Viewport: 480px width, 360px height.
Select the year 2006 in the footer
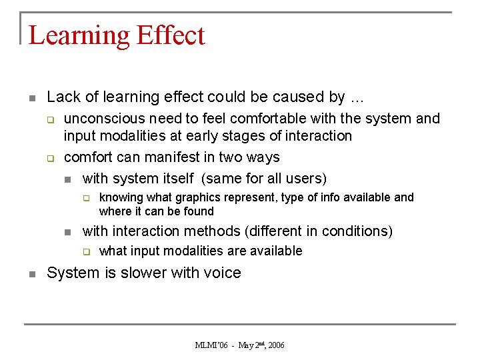click(x=275, y=345)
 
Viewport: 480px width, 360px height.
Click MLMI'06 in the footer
click(x=212, y=345)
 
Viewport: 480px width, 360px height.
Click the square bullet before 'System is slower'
click(x=32, y=273)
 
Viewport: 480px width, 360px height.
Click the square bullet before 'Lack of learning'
click(x=32, y=97)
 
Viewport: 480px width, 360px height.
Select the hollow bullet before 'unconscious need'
click(x=49, y=119)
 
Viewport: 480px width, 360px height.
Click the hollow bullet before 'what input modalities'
click(x=85, y=252)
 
